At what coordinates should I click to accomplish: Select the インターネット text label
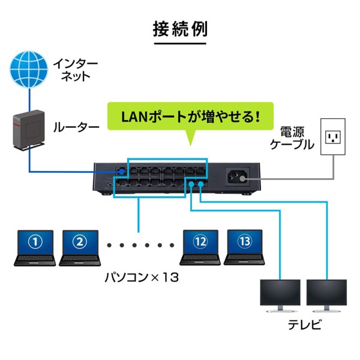point(72,69)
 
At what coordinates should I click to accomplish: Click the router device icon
point(25,128)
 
